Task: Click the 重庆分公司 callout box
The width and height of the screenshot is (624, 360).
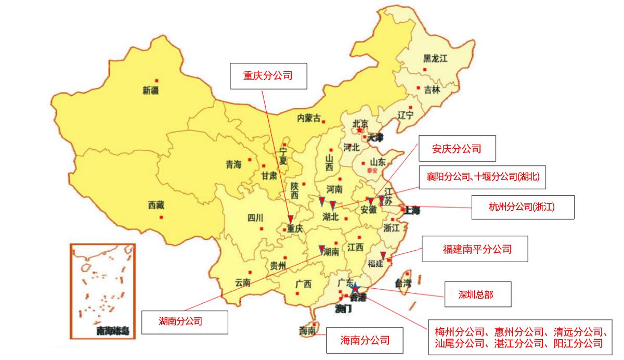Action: click(268, 76)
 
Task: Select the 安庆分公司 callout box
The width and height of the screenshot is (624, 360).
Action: click(457, 149)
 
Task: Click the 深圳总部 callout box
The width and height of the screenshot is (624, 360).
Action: click(476, 294)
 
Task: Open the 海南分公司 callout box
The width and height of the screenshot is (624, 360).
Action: click(365, 341)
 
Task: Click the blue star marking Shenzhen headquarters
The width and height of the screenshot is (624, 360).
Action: click(355, 288)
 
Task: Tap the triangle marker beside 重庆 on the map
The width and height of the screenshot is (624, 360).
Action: click(290, 219)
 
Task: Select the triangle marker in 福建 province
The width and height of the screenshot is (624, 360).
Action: click(383, 254)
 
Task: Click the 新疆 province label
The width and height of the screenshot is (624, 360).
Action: click(151, 91)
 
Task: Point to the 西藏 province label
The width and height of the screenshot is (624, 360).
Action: click(156, 205)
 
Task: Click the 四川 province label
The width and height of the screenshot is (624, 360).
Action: click(256, 217)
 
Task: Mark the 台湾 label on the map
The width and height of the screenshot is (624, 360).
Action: click(402, 284)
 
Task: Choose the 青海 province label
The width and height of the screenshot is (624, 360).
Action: click(233, 164)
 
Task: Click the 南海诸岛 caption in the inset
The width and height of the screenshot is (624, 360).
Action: click(112, 330)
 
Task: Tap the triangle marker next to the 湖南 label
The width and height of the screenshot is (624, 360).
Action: click(322, 249)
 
